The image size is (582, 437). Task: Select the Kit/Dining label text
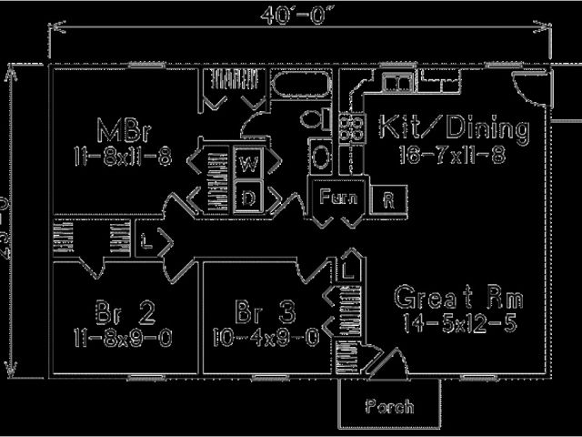tap(452, 128)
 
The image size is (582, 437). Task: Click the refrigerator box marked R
tap(389, 198)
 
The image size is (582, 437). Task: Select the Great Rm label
tap(458, 298)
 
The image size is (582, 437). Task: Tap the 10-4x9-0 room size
tap(265, 339)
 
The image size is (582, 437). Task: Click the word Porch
tap(389, 406)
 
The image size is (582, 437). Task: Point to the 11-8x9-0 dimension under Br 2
tap(123, 339)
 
